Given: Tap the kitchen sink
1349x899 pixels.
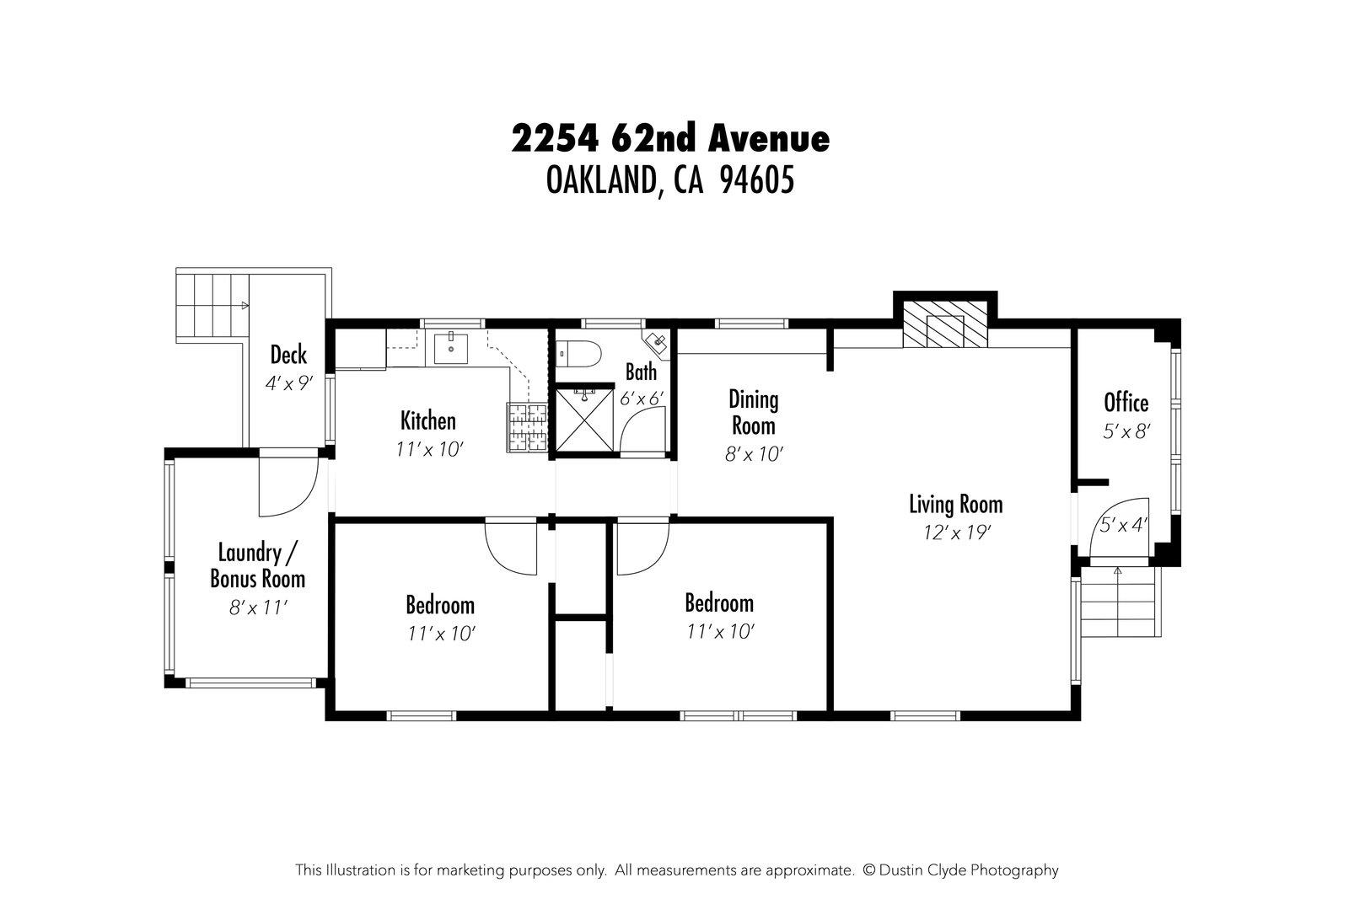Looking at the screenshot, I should coord(451,347).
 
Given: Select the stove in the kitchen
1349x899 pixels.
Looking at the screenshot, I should coord(527,427).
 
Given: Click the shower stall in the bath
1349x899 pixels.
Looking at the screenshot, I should coord(583,419).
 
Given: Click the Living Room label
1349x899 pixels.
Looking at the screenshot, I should coord(955,505).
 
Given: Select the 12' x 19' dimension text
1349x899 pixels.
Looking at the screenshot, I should coord(955,532).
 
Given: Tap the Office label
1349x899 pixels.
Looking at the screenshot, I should coord(1126,402).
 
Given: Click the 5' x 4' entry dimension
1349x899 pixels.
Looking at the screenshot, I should coord(1124,525).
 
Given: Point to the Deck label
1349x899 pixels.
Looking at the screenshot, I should coord(288,355).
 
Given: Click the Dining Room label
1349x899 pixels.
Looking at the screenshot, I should coord(753,412).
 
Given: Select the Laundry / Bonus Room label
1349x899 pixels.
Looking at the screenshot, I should coord(257,566).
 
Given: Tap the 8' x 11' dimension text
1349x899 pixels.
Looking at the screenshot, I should coord(258,607).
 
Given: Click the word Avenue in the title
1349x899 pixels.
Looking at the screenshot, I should coord(768,138).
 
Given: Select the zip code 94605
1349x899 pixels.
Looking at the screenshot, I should coord(756,179).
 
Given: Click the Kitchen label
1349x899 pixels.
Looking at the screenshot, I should coord(427,420).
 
